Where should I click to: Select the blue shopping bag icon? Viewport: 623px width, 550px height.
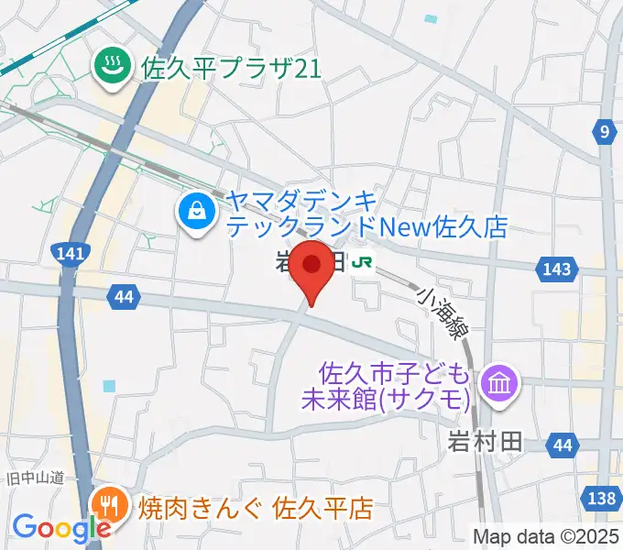(196, 214)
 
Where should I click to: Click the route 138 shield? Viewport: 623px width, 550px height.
(601, 498)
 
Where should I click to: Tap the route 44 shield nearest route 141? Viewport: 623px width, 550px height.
(123, 296)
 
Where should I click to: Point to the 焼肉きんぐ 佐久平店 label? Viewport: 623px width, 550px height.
(256, 507)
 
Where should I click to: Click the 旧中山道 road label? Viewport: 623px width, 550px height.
(35, 478)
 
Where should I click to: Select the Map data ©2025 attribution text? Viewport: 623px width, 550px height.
(546, 535)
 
